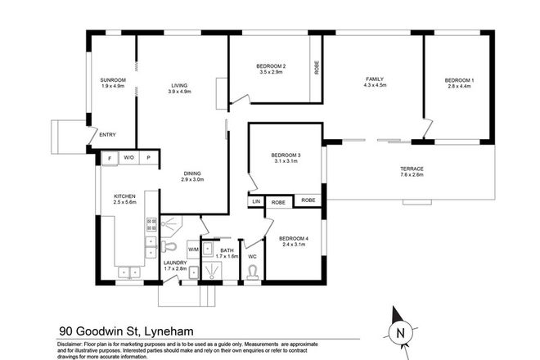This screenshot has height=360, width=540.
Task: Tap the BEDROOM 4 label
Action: point(294,240)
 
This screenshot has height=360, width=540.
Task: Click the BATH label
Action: point(226,251)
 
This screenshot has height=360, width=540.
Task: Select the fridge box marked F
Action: point(109,157)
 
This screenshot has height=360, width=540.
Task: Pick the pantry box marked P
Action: point(149,157)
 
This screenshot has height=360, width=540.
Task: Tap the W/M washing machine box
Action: point(193,249)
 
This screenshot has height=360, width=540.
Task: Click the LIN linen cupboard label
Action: point(256,200)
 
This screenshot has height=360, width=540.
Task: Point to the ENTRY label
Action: point(107,135)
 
